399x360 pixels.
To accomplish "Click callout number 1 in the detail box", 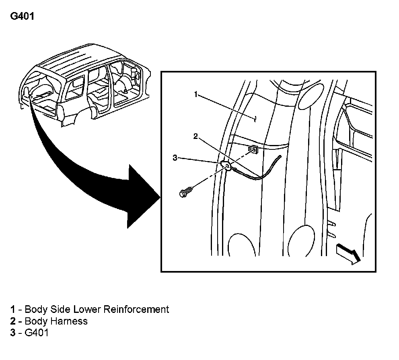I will pos(196,95).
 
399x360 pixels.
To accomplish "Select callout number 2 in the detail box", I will pos(195,137).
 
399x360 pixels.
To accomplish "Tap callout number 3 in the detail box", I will pos(175,158).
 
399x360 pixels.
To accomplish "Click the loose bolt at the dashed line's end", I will pos(185,192).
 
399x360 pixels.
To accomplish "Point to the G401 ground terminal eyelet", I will pos(226,166).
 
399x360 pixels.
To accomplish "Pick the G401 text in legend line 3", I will pos(37,333).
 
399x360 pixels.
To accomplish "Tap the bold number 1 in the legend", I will pos(13,309).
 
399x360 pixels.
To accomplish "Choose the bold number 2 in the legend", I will pos(13,321).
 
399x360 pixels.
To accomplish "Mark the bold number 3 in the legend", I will pos(13,333).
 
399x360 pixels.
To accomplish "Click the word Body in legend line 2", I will pos(36,321).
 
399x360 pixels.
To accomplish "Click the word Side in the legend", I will pos(60,309).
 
